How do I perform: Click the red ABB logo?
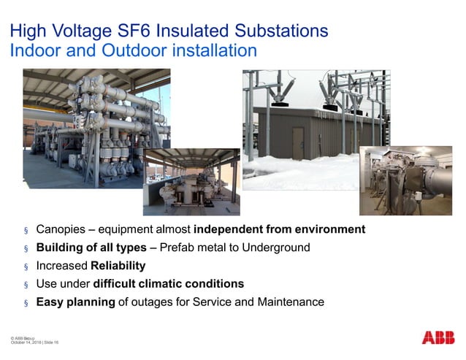tap(438, 338)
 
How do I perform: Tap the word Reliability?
tap(118, 266)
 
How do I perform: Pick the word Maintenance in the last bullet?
tap(291, 302)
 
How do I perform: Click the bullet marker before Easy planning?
tap(26, 302)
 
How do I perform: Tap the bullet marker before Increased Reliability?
tap(26, 267)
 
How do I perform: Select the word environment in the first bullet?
tap(326, 229)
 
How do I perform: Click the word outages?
tap(156, 302)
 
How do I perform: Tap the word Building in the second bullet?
tap(61, 248)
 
